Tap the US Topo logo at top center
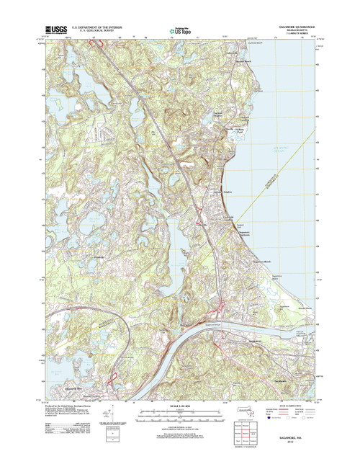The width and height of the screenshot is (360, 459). (x=179, y=31)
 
